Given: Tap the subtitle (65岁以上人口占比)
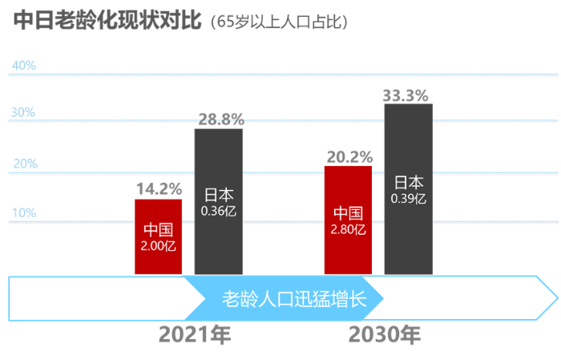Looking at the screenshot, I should (278, 22).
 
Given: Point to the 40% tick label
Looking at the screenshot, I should (23, 66).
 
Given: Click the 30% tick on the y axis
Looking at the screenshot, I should (23, 113).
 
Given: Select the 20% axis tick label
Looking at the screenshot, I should (24, 164).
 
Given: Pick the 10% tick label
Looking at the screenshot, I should (23, 212).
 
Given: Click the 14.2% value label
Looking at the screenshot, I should (159, 189).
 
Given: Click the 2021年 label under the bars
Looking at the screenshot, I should (195, 334).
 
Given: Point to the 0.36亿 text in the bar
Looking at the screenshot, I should (219, 211).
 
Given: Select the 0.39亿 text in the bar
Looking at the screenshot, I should (409, 197).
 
